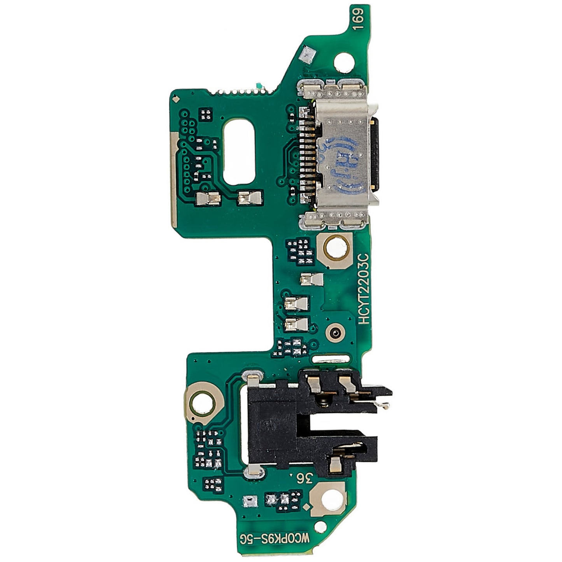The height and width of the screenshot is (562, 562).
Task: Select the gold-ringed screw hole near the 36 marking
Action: [x=329, y=497]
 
